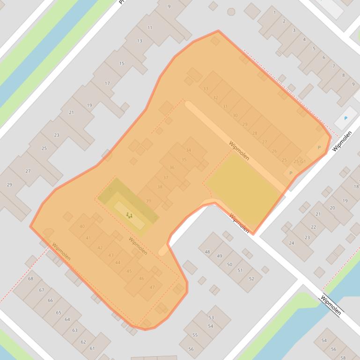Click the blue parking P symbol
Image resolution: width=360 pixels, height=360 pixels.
[x=346, y=118]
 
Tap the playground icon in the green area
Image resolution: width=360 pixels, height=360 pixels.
[x=129, y=215]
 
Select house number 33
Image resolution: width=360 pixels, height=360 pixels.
[x=206, y=89]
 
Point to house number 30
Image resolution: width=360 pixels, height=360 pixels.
[x=235, y=115]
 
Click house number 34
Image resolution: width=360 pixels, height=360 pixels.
[x=189, y=151]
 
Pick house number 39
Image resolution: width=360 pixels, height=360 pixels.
[x=148, y=201]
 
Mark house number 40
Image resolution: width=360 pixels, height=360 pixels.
[x=82, y=226]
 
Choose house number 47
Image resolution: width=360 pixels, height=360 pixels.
[x=152, y=287]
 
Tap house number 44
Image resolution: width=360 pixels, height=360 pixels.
[x=118, y=263]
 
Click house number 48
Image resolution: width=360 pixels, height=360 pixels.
[x=207, y=252]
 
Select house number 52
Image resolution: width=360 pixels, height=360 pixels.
[x=251, y=279]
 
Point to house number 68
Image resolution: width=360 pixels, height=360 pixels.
[x=31, y=279]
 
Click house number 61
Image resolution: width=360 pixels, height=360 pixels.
[x=92, y=348]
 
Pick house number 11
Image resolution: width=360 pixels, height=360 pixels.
[x=150, y=28]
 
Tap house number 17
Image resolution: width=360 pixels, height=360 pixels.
[x=107, y=83]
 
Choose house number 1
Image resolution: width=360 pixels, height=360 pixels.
[x=275, y=13]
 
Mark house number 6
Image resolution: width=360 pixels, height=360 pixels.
[x=323, y=58]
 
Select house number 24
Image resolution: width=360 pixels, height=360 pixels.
[x=292, y=243]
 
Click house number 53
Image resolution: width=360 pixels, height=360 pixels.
[x=211, y=318]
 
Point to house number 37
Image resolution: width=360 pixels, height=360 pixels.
[x=166, y=178]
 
